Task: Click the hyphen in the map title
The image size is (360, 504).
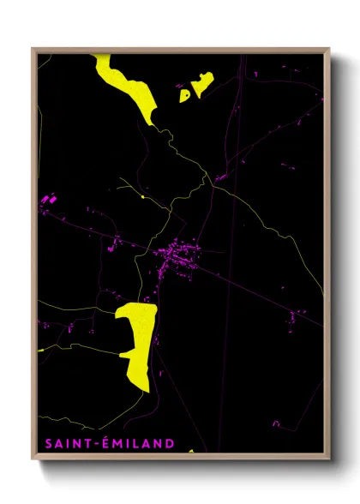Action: tap(95, 445)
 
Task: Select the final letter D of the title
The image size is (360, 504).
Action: tap(170, 444)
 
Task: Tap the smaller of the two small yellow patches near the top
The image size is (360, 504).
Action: tap(184, 96)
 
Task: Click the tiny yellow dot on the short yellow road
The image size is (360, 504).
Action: tap(141, 198)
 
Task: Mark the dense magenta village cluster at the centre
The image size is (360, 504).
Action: tap(177, 255)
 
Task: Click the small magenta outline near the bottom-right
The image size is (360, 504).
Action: tap(276, 423)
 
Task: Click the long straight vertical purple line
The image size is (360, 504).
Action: tap(231, 257)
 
